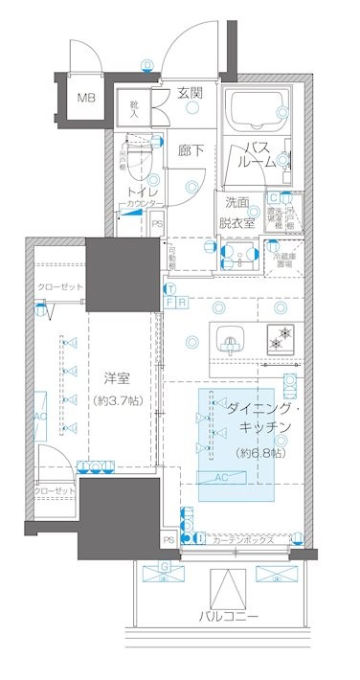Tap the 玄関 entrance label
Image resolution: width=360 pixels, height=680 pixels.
click(x=190, y=93)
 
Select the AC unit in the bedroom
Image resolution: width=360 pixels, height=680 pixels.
click(x=40, y=419)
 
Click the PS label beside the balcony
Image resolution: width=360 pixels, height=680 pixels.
click(x=169, y=540)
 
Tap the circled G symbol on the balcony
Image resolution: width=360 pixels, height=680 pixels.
click(x=165, y=566)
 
